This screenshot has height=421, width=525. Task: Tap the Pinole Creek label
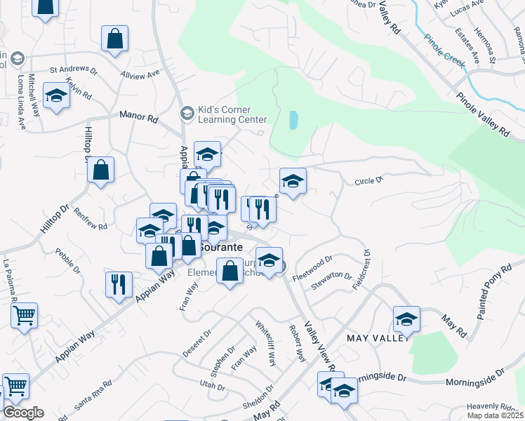(443, 55)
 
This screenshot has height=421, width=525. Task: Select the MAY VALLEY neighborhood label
(378, 338)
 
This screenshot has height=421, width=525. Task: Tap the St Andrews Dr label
(73, 69)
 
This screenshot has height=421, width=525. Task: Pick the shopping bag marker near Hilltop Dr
(101, 171)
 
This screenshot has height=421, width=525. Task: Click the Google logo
(23, 413)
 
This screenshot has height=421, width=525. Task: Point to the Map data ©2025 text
(495, 415)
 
